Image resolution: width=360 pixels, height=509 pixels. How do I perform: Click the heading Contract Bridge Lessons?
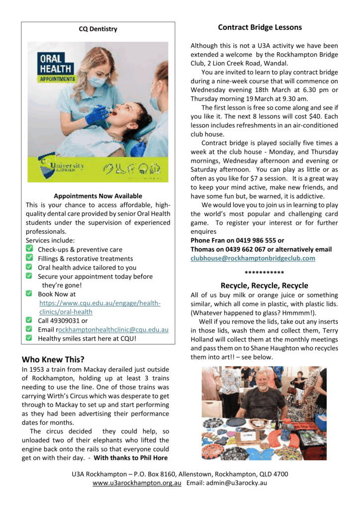click(x=260, y=27)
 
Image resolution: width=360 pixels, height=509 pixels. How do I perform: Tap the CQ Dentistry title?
click(x=98, y=29)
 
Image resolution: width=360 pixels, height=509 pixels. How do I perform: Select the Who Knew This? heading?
click(x=53, y=359)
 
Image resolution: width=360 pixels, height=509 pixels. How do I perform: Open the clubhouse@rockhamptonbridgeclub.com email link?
click(x=253, y=258)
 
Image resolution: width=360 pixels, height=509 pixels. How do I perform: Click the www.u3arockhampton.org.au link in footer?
click(x=137, y=483)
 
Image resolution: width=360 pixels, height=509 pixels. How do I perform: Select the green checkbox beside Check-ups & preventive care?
click(x=29, y=249)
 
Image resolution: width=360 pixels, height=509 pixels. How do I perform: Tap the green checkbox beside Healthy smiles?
click(x=29, y=338)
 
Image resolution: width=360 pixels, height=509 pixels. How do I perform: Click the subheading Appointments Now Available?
click(x=98, y=196)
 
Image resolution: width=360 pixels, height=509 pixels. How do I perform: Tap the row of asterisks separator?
click(x=264, y=273)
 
